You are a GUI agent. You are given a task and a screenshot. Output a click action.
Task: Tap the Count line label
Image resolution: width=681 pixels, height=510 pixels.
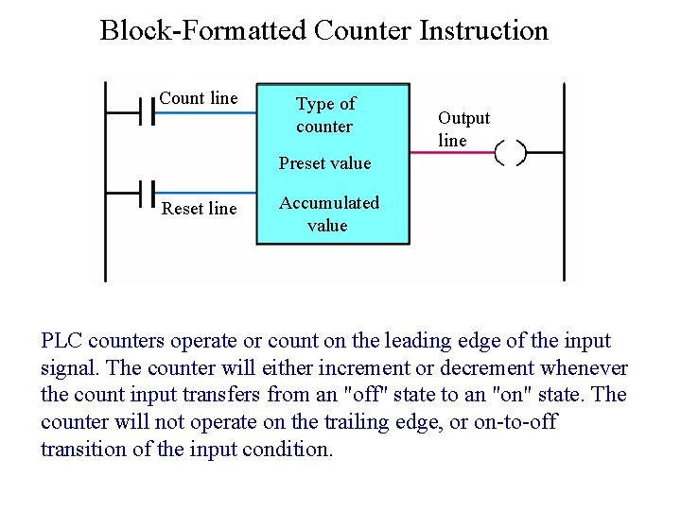coord(199,98)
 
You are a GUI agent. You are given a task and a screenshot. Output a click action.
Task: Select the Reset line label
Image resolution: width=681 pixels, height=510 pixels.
coord(199,209)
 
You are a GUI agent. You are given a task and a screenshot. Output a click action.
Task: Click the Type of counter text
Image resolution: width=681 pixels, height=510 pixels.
coord(325,115)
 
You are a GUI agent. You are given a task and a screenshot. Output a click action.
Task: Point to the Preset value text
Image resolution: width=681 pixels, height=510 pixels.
coord(324,163)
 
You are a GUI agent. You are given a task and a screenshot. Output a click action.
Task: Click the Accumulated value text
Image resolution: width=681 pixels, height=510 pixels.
coord(328,214)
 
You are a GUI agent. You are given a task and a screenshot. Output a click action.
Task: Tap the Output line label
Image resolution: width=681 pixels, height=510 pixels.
coord(463,129)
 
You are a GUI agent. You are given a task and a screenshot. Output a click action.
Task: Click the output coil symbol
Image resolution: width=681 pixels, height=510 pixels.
coord(511,152)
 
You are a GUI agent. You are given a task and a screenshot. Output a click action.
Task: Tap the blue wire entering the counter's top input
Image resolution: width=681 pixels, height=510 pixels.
coord(204,112)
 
